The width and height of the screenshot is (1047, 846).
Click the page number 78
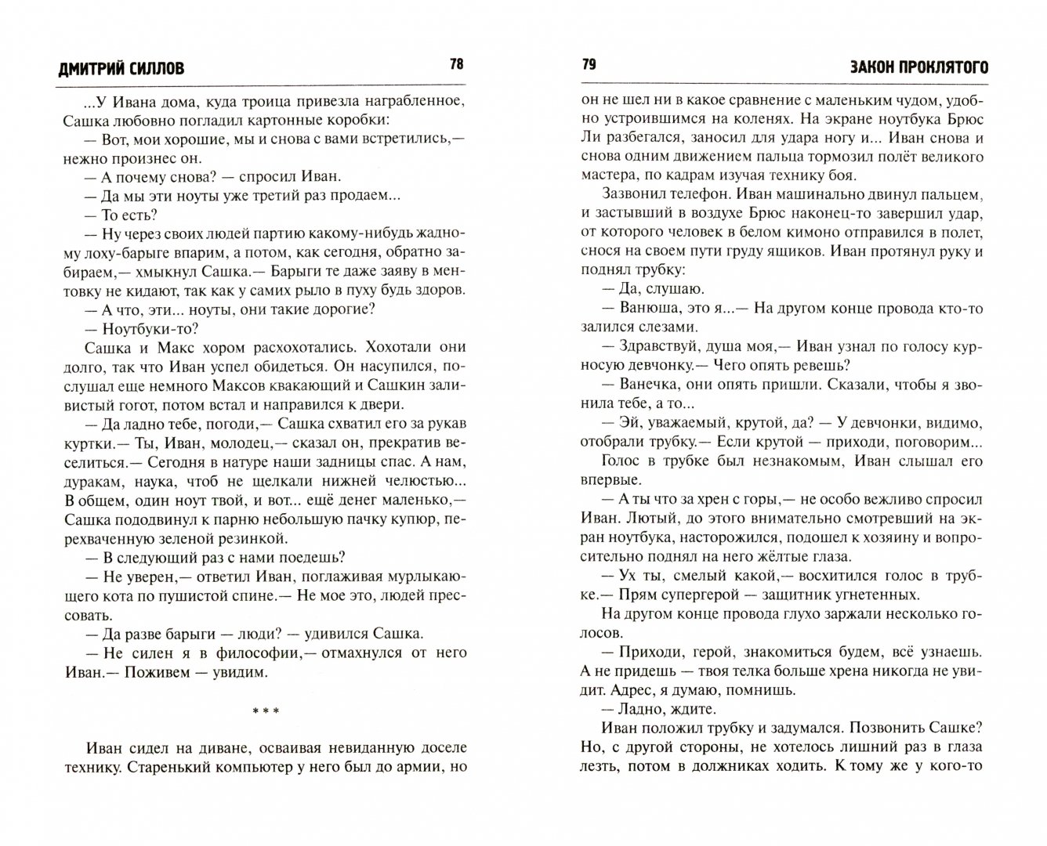coord(456,64)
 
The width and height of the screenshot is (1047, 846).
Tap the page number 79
coord(589,64)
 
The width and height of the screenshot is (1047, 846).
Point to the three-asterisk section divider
coord(263,711)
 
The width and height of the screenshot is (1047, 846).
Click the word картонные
coord(294,120)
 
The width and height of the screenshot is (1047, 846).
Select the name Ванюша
coord(649,309)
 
